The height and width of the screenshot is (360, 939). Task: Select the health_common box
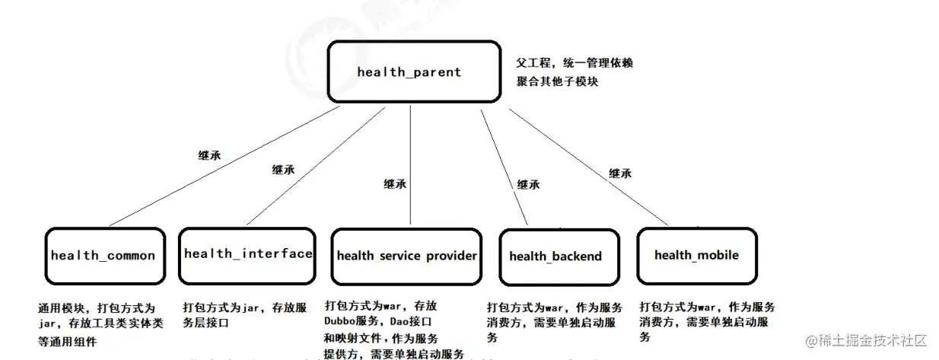[x=104, y=255]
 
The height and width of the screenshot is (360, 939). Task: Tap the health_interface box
[x=247, y=253]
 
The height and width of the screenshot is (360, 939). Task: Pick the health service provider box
[x=406, y=256]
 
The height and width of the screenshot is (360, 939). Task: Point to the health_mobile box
[x=696, y=254]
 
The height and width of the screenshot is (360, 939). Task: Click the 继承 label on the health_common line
[x=209, y=155]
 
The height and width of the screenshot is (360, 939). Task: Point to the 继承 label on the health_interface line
[x=283, y=170]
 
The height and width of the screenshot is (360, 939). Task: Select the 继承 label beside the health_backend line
[x=528, y=184]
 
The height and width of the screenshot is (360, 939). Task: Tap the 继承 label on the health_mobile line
[x=620, y=174]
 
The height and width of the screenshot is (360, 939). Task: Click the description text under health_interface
[x=244, y=315]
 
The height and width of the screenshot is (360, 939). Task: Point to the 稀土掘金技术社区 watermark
[x=867, y=339]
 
